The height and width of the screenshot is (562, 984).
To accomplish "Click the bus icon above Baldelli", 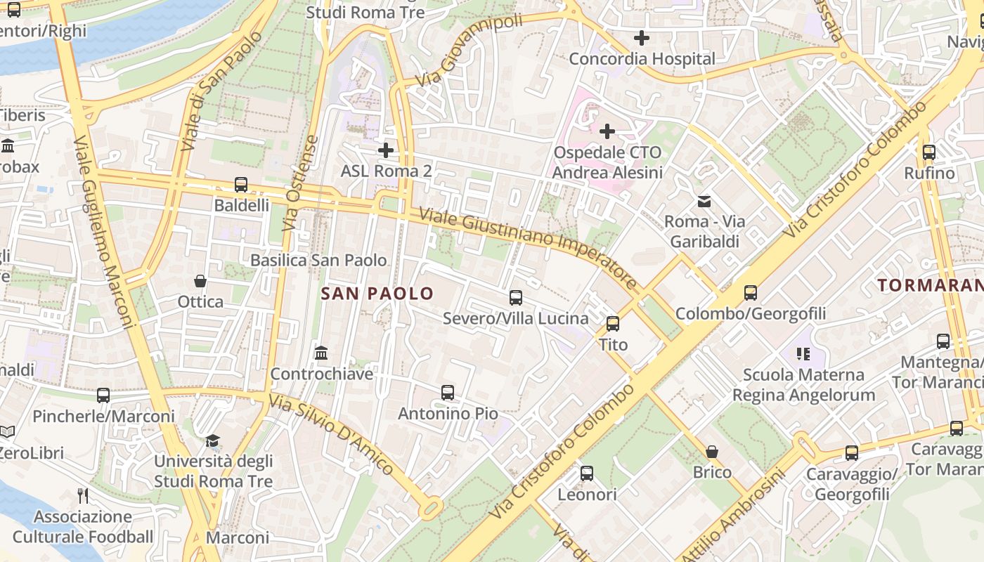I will pos(241,185).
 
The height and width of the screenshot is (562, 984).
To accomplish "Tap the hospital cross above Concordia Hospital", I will pos(641,38).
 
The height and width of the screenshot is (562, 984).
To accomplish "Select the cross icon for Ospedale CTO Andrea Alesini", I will pos(607,131).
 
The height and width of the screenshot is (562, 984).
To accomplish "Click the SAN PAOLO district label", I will pos(377,294).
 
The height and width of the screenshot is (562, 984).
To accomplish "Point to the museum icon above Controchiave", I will pos(321,353).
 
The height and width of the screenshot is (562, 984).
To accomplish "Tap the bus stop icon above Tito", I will pos(613,324).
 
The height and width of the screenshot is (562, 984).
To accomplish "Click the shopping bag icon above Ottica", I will pos(200,281).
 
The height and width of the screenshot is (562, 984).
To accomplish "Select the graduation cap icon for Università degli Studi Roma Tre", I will pos(212,441).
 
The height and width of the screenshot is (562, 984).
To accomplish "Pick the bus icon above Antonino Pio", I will pos(448,393).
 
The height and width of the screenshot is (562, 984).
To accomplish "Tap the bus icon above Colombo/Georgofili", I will pos(751,293).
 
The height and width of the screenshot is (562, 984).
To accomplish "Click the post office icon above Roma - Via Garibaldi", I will pos(704,202).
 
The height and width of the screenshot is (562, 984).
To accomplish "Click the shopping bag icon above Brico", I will pos(712,451).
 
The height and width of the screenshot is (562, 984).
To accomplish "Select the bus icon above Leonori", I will pos(587,473).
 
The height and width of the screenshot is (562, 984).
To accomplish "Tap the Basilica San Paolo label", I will pos(318,260).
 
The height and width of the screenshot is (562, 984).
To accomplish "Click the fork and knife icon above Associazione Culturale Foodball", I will pos(83,496).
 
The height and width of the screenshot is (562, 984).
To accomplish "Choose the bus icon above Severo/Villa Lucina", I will pos(516,298).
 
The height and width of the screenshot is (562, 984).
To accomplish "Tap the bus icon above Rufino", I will pos(929,152).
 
